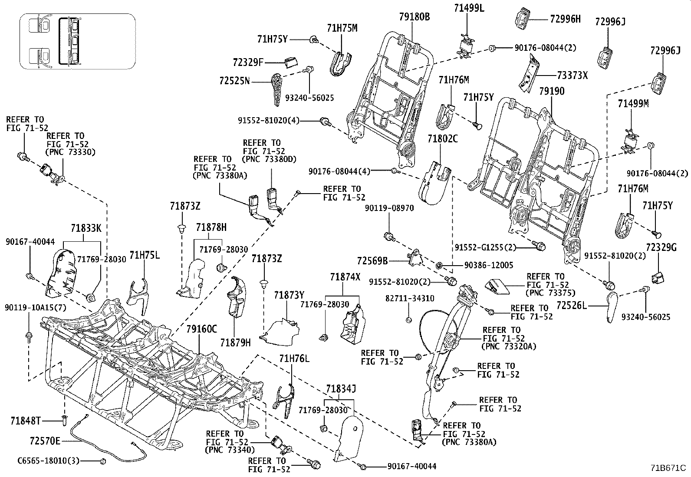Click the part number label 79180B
(x=414, y=17)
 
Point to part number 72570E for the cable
(x=45, y=441)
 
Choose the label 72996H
(x=565, y=19)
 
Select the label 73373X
(x=573, y=75)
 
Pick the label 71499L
(x=469, y=8)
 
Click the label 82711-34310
(x=409, y=299)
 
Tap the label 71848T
(x=26, y=421)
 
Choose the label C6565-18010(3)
(x=49, y=461)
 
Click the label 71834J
(x=341, y=389)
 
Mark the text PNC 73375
(x=547, y=293)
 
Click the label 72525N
(x=234, y=81)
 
